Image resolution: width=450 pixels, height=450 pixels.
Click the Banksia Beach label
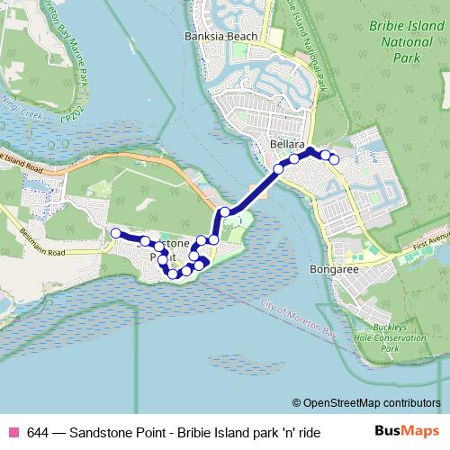tap(220, 37)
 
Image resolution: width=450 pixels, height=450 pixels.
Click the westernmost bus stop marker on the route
tap(115, 233)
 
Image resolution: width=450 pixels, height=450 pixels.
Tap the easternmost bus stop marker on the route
tap(334, 159)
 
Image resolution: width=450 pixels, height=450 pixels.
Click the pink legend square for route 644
tap(13, 432)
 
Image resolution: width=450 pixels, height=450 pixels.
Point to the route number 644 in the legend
tap(39, 432)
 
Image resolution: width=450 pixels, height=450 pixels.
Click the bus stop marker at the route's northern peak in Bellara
tap(310, 150)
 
